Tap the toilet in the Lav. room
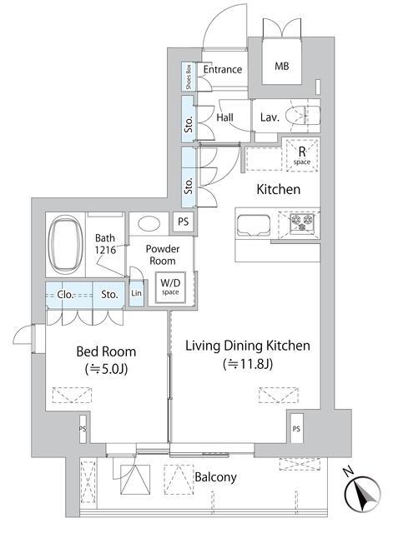point(301,117)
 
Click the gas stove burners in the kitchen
point(300,223)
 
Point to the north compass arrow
point(362,498)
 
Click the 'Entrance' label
point(222,70)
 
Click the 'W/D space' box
point(170,287)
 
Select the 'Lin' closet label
point(137,294)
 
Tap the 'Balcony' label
point(215,477)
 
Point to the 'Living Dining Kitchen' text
point(247,346)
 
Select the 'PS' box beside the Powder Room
point(183,222)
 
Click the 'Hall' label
point(224,118)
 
